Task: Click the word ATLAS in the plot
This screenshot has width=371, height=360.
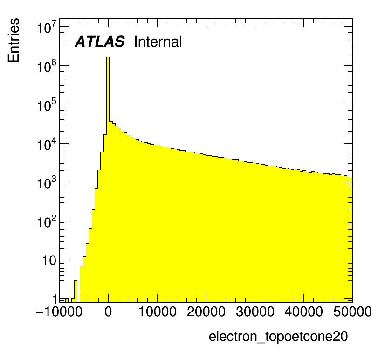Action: pos(100,42)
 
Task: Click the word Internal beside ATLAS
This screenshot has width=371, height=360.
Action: pos(158,42)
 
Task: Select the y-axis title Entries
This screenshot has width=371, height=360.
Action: pos(14,40)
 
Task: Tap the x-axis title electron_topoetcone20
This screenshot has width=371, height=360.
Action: pos(278,337)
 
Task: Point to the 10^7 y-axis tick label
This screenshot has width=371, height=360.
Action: pos(47,28)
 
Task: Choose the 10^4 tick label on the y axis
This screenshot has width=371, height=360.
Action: pos(47,145)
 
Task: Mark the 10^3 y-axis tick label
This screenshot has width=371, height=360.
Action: pos(47,184)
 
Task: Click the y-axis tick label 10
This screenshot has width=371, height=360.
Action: pos(49,261)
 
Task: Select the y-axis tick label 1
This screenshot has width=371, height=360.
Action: pos(54,299)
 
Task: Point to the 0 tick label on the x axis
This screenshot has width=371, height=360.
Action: pos(108,312)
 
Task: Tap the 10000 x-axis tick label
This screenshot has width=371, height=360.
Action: pos(157,312)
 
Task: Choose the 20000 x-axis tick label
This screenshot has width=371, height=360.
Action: pos(206,312)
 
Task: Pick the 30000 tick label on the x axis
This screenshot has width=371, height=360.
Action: pos(254,312)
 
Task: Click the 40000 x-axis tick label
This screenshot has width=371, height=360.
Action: pos(303,312)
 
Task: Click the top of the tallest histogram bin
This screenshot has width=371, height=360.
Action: pos(108,58)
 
